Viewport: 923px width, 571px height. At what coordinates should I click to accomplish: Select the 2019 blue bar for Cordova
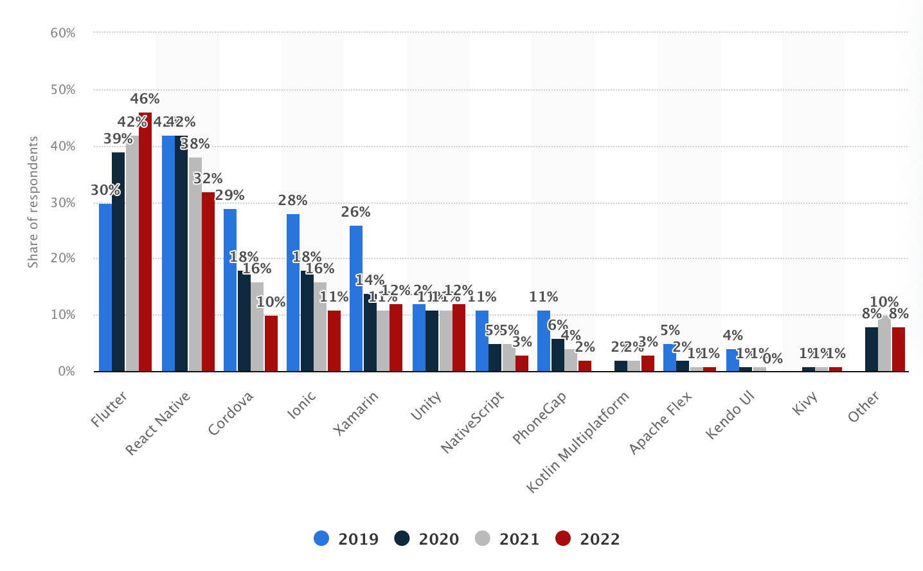230,290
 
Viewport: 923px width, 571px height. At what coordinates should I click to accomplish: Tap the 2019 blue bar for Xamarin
356,298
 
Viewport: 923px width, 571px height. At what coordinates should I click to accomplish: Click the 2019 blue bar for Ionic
293,293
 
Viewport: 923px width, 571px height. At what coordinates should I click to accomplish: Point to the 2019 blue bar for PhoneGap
544,341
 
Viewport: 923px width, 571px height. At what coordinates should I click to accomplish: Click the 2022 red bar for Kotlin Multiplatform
648,363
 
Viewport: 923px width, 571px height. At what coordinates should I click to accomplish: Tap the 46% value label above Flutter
145,99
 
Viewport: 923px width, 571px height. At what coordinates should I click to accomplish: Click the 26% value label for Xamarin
355,212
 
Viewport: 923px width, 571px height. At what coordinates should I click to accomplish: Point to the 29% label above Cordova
229,195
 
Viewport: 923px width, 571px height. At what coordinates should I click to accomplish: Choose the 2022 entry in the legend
588,539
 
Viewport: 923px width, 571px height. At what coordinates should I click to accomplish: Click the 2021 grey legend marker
483,538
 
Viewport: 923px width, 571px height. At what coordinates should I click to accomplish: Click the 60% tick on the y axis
63,33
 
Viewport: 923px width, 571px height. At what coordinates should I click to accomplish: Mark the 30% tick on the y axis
63,203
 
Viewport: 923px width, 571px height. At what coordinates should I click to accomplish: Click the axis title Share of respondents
33,202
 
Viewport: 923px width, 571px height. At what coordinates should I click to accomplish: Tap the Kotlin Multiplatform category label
578,442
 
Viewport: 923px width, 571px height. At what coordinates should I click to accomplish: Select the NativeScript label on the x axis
473,422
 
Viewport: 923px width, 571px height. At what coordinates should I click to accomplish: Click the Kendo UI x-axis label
730,415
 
